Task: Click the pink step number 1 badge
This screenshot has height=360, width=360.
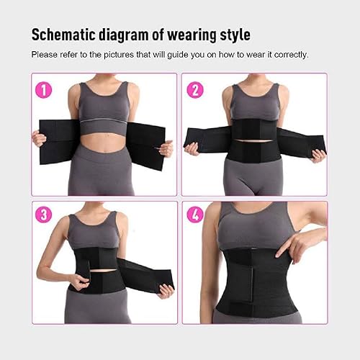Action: tap(44, 90)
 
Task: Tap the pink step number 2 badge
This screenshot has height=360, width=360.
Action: tap(195, 90)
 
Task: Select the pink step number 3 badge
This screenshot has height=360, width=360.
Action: tap(44, 215)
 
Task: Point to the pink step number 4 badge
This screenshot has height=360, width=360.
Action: tap(195, 215)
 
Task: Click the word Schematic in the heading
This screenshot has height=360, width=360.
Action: tap(63, 35)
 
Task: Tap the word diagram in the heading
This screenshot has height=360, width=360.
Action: tap(124, 35)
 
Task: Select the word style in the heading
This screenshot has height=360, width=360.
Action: tap(235, 35)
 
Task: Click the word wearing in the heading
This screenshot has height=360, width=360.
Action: tap(192, 36)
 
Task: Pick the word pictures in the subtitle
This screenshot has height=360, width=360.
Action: tap(119, 55)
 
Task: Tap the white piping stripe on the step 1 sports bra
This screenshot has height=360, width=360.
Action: tap(104, 120)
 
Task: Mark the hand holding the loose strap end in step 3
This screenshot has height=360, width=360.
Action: tap(166, 291)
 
